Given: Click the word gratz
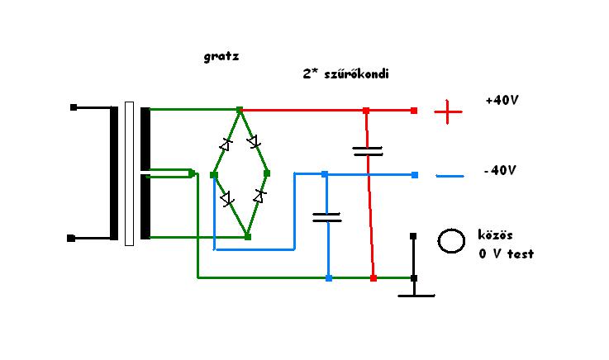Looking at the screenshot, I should [x=221, y=58].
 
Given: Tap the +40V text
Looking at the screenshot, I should [x=502, y=101].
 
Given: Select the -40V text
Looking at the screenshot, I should [x=500, y=171].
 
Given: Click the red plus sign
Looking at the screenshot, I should [x=448, y=111].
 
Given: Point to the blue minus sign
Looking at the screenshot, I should [x=450, y=176].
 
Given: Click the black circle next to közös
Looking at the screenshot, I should [x=450, y=240].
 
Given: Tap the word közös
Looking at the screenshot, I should [x=496, y=235].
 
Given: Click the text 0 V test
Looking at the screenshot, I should [x=505, y=254].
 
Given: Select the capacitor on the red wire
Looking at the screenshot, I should [x=368, y=151].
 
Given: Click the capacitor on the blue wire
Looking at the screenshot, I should [x=327, y=217].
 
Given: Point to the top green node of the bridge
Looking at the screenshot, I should [x=240, y=110].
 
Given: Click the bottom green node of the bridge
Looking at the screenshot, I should [x=248, y=237].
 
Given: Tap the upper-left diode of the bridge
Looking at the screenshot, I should [x=226, y=144].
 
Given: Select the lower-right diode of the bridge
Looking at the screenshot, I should [x=259, y=197].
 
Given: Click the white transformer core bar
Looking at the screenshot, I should [x=129, y=173].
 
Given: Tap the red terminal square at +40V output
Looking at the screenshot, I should [x=415, y=110].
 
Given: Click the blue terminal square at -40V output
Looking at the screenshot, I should [x=415, y=174].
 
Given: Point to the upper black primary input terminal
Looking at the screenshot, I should [x=74, y=107].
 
